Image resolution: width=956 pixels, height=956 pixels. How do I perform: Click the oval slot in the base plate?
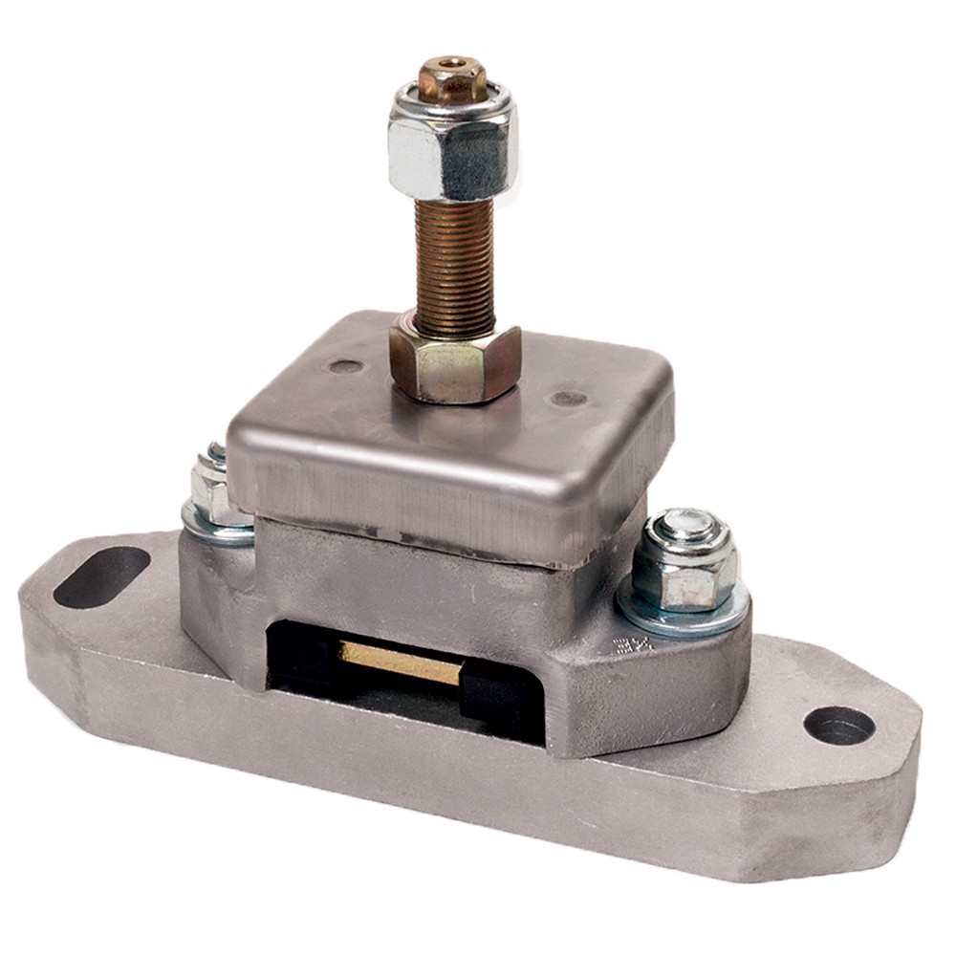click(100, 576)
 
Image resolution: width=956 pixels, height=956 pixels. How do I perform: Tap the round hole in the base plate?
click(838, 726)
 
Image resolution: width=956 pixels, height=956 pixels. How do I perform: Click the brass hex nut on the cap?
click(454, 363)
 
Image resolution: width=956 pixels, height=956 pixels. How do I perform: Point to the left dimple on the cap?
click(345, 365)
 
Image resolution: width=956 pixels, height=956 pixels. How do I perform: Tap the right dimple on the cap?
click(570, 398)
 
